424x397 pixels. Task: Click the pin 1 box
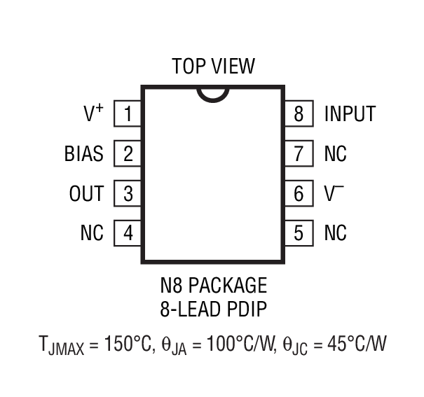pyautogui.click(x=128, y=113)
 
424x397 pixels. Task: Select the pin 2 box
pyautogui.click(x=128, y=153)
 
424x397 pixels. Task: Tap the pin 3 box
pyautogui.click(x=128, y=193)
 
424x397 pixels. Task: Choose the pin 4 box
pyautogui.click(x=128, y=233)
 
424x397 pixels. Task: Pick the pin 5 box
pyautogui.click(x=299, y=233)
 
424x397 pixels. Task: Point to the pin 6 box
pyautogui.click(x=299, y=193)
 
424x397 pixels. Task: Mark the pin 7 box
pyautogui.click(x=299, y=153)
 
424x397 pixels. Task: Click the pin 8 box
pyautogui.click(x=299, y=113)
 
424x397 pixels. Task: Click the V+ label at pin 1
pyautogui.click(x=93, y=113)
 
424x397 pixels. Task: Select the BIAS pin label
pyautogui.click(x=83, y=153)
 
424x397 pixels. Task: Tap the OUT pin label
pyautogui.click(x=86, y=193)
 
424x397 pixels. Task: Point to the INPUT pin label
pyautogui.click(x=350, y=113)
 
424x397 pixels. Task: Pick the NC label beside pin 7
pyautogui.click(x=335, y=153)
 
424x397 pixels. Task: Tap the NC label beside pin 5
pyautogui.click(x=335, y=233)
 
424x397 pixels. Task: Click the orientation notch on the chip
pyautogui.click(x=212, y=92)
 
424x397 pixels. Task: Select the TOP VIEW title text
pyautogui.click(x=213, y=67)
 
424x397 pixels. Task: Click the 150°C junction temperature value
pyautogui.click(x=125, y=344)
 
